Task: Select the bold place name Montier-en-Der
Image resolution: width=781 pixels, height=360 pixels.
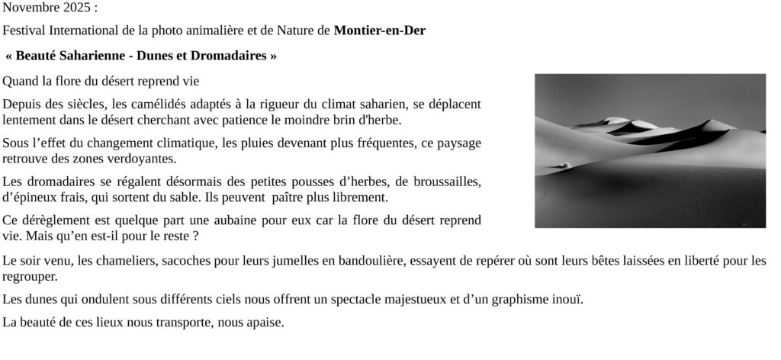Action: coord(380,31)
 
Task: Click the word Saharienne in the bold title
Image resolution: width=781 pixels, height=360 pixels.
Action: coord(96,56)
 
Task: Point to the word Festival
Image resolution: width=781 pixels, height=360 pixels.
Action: coord(24,31)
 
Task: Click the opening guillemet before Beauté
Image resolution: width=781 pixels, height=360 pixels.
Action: coord(9,56)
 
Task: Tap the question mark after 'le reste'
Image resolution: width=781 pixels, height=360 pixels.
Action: coord(195,236)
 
